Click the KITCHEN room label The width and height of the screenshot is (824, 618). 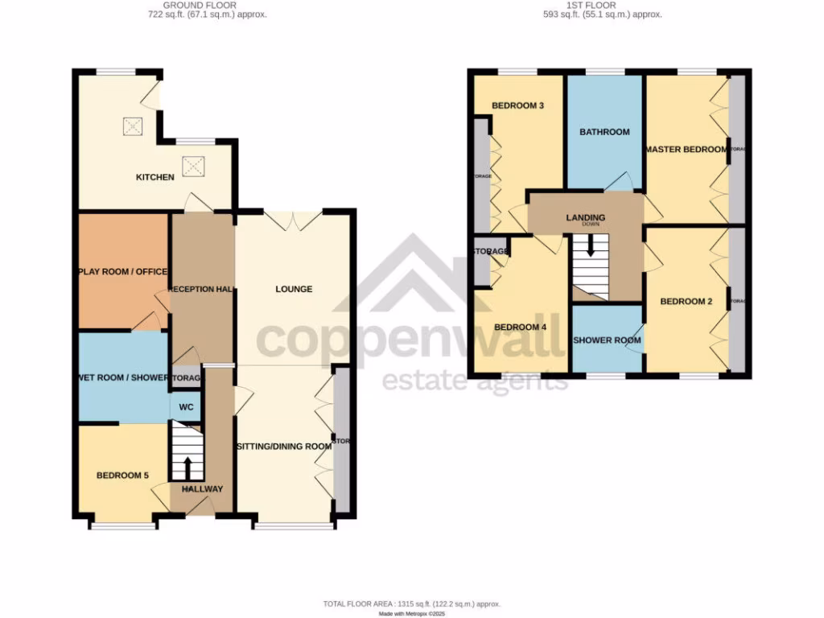coord(154,177)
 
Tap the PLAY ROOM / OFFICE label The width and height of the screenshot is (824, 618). coord(122,271)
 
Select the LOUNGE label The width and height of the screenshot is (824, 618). coord(294,289)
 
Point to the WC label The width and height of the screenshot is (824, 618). coord(186,407)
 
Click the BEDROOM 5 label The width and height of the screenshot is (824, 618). coord(122,476)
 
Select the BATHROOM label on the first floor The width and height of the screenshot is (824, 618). coord(604,132)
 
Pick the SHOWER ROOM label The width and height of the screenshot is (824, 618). coord(607,340)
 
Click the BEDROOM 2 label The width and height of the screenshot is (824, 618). coord(686,302)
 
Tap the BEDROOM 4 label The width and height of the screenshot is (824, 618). coord(520,328)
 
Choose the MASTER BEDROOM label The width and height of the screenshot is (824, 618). coord(686,150)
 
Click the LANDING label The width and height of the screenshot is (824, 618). coord(586,218)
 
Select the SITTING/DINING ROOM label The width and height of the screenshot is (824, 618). coord(283,446)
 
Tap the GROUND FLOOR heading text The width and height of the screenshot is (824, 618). coord(194,5)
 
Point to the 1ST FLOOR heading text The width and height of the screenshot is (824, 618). coord(603,5)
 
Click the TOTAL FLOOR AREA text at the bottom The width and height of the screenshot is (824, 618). coord(412,604)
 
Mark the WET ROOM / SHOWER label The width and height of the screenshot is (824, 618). coord(123,377)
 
